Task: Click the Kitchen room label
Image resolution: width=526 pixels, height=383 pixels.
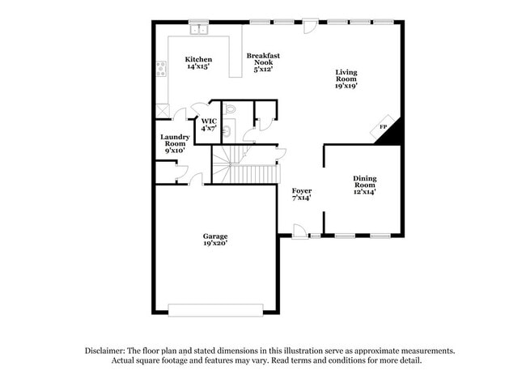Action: click(x=198, y=63)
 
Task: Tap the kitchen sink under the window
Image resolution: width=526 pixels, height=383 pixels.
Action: click(x=199, y=31)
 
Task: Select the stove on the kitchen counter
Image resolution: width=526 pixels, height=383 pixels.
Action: click(x=162, y=69)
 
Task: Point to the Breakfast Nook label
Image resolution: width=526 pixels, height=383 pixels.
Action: click(x=263, y=62)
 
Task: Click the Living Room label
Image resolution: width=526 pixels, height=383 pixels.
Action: click(x=346, y=78)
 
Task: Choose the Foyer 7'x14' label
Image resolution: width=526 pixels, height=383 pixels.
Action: click(x=302, y=194)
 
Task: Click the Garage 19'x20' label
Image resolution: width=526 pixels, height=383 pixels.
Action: click(x=214, y=239)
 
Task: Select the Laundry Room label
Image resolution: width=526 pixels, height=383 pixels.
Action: click(x=175, y=143)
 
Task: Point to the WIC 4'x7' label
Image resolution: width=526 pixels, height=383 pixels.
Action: click(x=208, y=125)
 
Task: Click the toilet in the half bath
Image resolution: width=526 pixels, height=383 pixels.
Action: click(x=229, y=109)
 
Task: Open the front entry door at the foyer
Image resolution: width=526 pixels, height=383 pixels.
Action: click(x=299, y=232)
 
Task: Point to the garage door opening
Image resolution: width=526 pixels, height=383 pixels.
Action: click(x=215, y=310)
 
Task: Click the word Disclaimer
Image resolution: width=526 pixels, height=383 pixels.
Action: click(x=107, y=351)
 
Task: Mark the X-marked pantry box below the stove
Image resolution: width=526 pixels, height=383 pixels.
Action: click(x=163, y=113)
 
